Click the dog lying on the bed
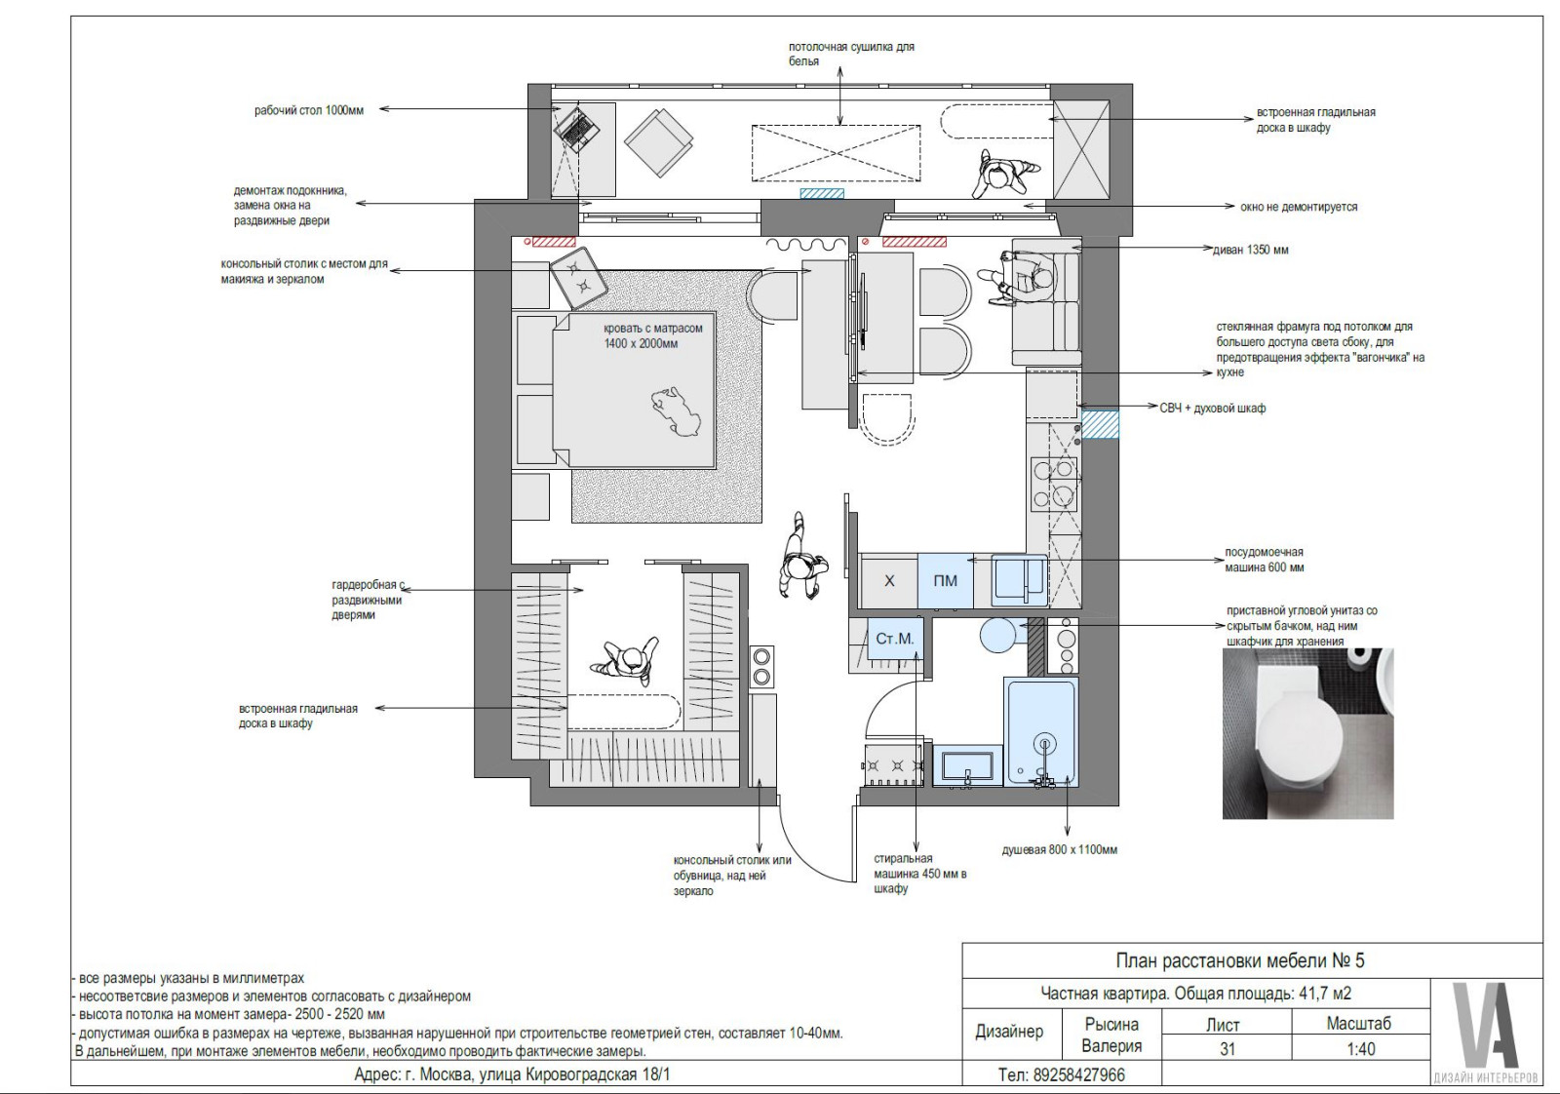[x=675, y=411]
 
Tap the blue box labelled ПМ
[x=945, y=580]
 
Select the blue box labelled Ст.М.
[x=894, y=639]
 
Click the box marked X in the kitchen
[x=889, y=580]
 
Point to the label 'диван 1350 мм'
[x=1251, y=250]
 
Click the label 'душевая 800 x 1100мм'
[x=1059, y=849]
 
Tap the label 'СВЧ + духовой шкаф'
[x=1213, y=409]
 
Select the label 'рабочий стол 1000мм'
[x=308, y=110]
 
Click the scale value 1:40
[x=1360, y=1049]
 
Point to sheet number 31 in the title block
[x=1228, y=1049]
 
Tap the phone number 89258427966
[x=1061, y=1075]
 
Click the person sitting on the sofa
[x=1020, y=277]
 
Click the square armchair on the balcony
[x=658, y=142]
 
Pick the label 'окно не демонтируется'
[x=1299, y=207]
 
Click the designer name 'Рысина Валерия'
[x=1111, y=1035]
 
